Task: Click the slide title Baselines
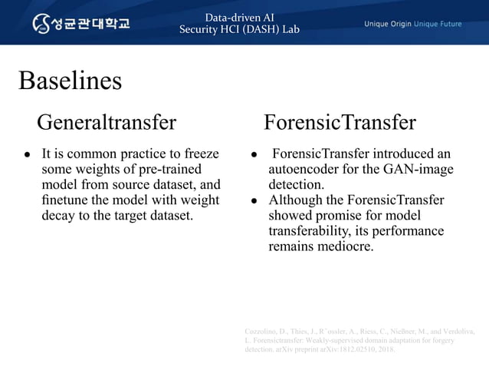70,81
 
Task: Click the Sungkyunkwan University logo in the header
81,23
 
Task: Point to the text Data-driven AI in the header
239,17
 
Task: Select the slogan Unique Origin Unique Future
412,24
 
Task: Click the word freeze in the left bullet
199,154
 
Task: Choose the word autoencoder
305,169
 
